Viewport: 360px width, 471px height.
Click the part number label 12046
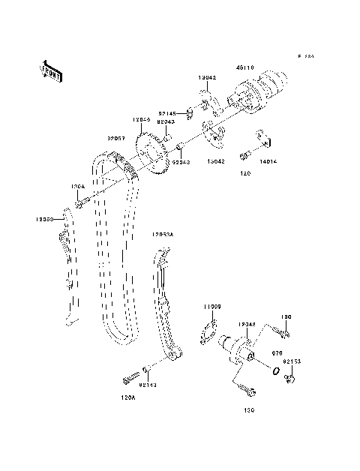click(141, 120)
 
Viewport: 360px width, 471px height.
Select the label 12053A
click(161, 235)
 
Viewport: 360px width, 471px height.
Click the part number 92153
click(292, 361)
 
